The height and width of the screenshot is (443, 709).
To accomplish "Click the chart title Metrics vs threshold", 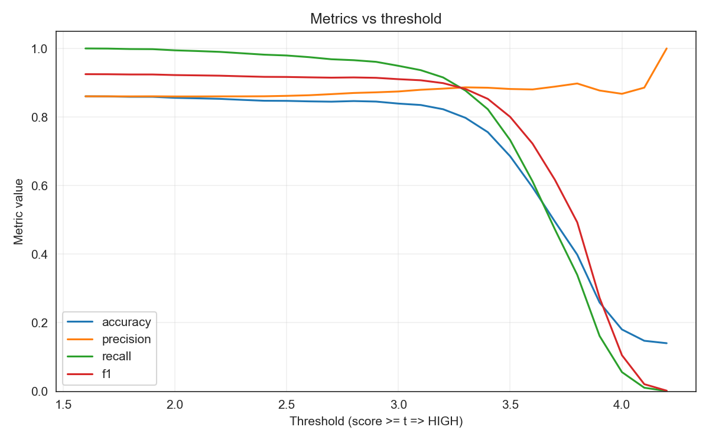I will coord(376,19).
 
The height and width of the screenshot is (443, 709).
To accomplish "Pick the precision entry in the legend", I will coord(126,339).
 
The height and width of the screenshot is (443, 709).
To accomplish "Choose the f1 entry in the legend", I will coord(107,373).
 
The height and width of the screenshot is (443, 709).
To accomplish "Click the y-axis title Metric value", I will coord(19,211).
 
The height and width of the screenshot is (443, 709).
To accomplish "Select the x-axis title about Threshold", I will coord(376,422).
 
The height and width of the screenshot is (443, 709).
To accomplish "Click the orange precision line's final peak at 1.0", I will coord(666,48).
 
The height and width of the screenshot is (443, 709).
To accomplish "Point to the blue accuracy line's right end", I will coord(666,343).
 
